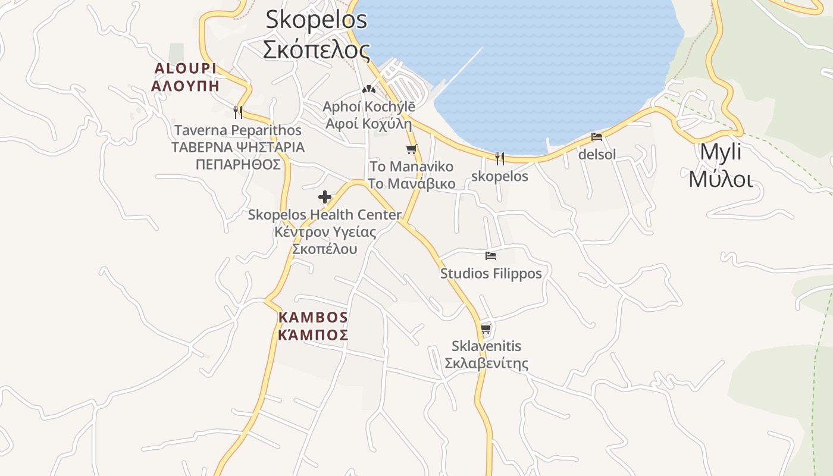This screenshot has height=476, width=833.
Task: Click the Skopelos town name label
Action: coord(316,20)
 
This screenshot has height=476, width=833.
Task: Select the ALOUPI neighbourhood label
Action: coord(185,68)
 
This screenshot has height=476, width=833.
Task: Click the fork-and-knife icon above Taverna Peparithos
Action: coord(238,112)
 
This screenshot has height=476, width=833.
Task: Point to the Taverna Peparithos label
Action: coord(238,130)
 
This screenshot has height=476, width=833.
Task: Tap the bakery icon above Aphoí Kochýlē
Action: coord(369,89)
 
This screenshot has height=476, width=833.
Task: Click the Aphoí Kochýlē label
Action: coord(369,107)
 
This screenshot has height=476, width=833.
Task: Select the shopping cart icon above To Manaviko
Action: coord(411,149)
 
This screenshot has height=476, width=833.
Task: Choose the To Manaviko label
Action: coord(411,167)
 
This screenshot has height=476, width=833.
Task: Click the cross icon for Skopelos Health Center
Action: coord(325,197)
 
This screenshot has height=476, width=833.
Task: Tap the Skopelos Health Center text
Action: coord(325,215)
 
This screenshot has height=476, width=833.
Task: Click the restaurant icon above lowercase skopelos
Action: coord(500,158)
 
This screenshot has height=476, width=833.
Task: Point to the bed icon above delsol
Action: coord(597,137)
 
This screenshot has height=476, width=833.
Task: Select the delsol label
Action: coord(597,155)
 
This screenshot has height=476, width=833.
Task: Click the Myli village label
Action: coord(721,152)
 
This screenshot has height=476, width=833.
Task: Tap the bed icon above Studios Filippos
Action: coord(491,256)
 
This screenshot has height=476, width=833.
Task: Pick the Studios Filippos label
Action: coord(491,274)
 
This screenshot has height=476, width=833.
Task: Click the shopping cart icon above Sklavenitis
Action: coord(486,328)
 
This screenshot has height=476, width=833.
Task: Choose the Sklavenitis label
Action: coord(486,346)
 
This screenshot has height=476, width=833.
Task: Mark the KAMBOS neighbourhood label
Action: coord(313,317)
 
